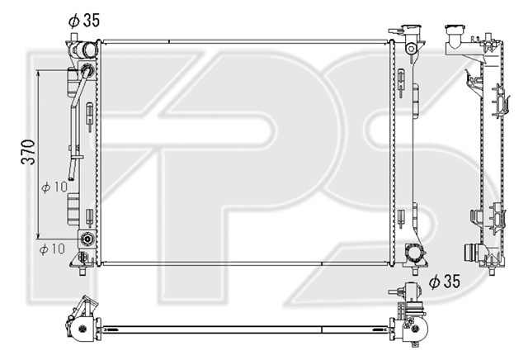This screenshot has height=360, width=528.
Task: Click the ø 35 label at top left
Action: coord(84,21)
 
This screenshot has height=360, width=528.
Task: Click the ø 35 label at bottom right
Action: coord(444,281)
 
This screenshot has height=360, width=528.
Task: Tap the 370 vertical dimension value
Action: coord(29,152)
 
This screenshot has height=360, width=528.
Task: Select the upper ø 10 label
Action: coord(54,187)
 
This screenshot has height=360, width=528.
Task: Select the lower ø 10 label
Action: coord(52,249)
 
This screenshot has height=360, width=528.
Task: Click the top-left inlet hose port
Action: coord(89,50)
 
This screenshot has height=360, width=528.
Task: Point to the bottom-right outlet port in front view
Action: coord(415,253)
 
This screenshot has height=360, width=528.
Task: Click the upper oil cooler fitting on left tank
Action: coord(87,70)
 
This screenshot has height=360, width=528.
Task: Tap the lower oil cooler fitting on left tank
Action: coord(87,239)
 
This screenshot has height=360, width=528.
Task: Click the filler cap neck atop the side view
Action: coord(455,33)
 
